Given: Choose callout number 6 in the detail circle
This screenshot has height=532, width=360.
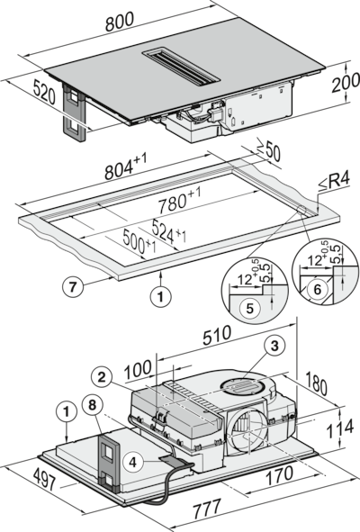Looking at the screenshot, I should click(x=317, y=289).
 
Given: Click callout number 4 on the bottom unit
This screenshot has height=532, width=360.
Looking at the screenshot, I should click(x=132, y=462).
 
